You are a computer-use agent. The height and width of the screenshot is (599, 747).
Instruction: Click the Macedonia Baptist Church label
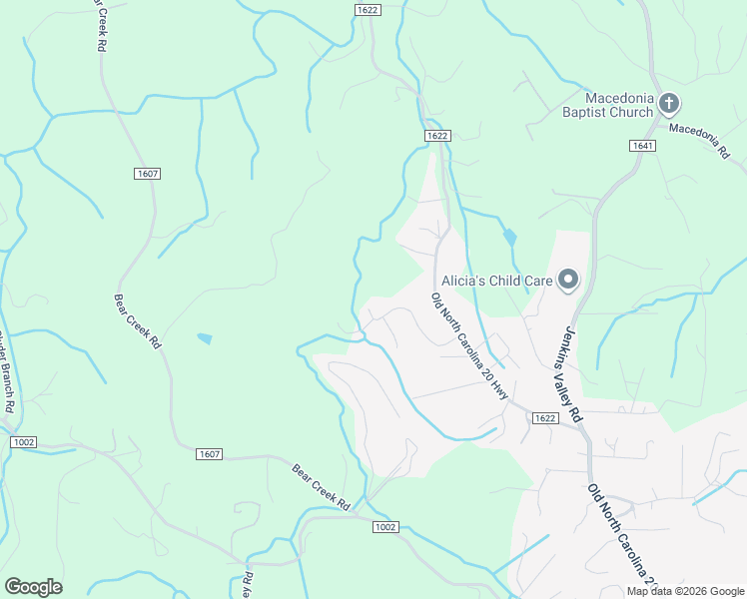tap(619, 105)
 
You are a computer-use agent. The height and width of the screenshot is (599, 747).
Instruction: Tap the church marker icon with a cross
tap(669, 104)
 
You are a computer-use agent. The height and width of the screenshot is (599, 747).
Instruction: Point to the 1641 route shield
tap(643, 146)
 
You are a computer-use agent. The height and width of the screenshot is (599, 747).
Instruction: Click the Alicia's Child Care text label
tap(495, 281)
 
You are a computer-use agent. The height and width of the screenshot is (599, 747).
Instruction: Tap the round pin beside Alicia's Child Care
tap(568, 281)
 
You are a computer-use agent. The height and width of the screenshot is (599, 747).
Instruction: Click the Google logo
tap(33, 587)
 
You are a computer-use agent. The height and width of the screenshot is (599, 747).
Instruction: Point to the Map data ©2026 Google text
tap(686, 591)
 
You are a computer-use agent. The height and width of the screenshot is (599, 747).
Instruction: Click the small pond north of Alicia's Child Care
tap(510, 238)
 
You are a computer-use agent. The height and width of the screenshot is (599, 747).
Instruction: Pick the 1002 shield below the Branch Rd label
tap(24, 441)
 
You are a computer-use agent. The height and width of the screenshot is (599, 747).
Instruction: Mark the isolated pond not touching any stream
tap(204, 338)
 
